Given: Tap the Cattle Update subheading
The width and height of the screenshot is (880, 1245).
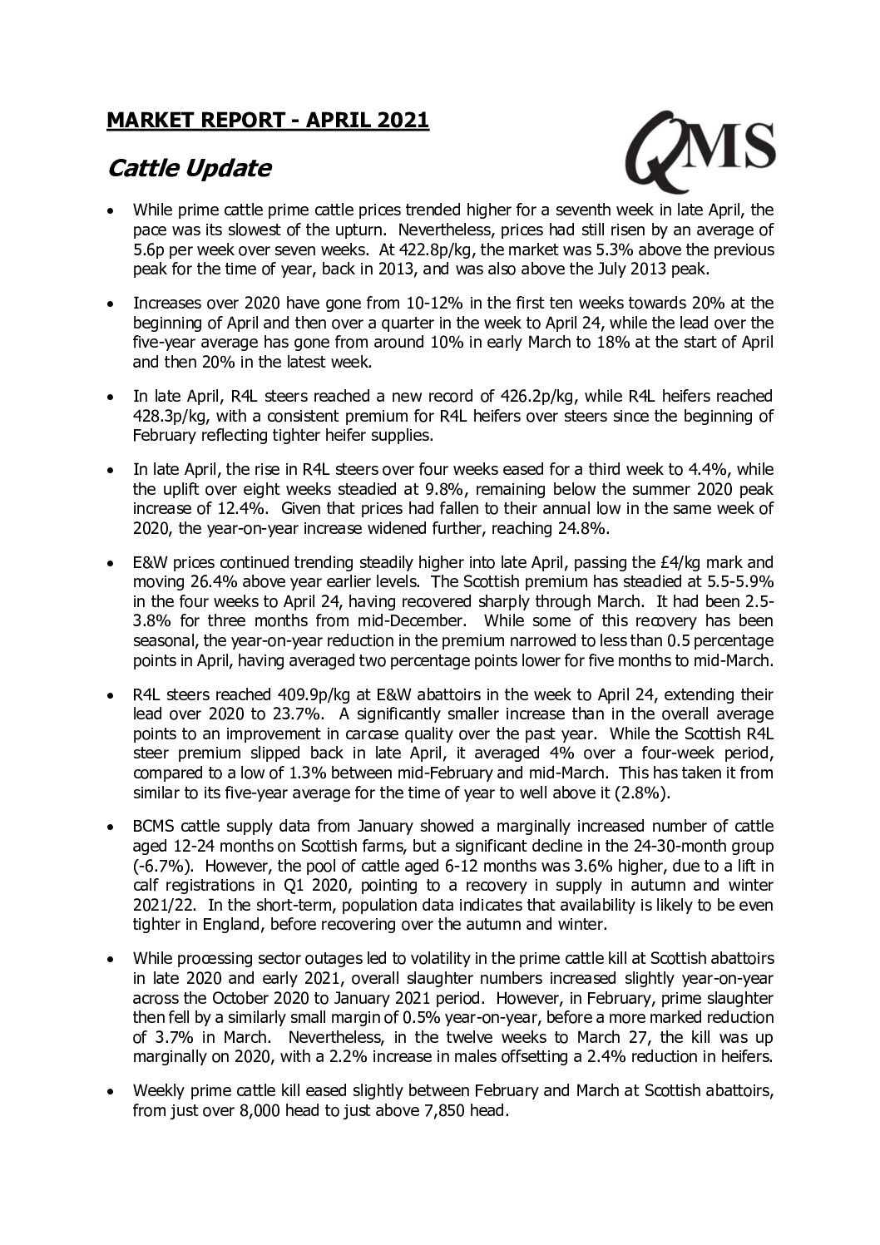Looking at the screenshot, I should pyautogui.click(x=190, y=168).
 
